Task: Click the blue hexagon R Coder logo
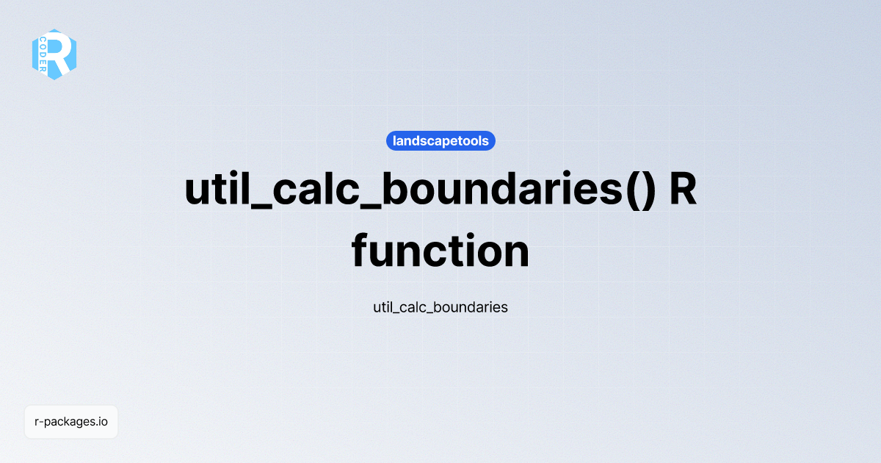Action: point(54,54)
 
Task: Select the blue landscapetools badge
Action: point(440,140)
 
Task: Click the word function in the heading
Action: point(440,251)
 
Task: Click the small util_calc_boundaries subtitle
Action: point(440,307)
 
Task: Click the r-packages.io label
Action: point(71,422)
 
